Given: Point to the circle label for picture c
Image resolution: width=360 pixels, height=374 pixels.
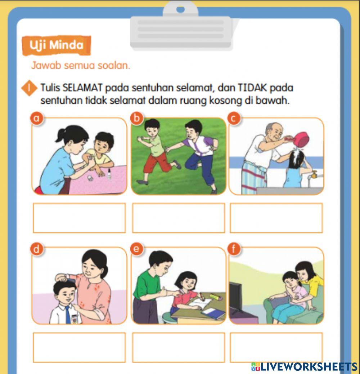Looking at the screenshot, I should click(x=234, y=118).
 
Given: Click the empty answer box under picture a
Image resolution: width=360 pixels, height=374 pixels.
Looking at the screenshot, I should click(x=79, y=218).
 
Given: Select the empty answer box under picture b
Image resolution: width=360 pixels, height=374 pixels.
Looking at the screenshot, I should click(x=179, y=218).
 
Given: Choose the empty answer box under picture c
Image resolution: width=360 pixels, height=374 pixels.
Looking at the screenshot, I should click(x=276, y=218).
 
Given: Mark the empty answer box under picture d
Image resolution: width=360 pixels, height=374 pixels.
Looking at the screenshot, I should click(x=79, y=347).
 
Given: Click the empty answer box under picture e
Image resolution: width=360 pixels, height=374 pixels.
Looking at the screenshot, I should click(x=179, y=347).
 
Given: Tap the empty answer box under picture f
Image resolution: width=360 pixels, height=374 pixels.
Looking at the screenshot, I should click(x=276, y=347).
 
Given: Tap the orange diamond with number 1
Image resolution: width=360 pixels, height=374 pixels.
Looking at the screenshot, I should click(x=30, y=88).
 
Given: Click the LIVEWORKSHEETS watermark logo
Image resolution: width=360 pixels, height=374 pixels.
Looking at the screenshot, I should click(x=304, y=367).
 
